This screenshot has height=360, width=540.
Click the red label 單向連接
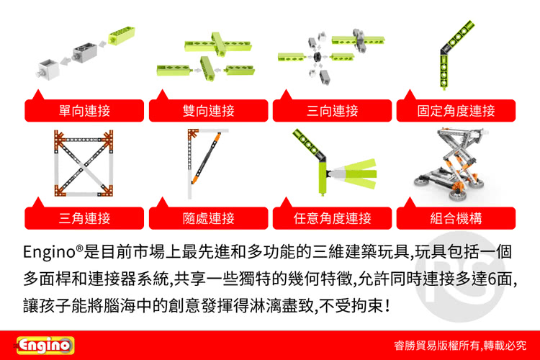[84, 111]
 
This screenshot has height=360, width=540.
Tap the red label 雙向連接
[208, 111]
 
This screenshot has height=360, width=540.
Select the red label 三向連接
[333, 111]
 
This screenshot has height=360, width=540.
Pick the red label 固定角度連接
[456, 111]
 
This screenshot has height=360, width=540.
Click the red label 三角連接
[84, 218]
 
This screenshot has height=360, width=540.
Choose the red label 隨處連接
[208, 218]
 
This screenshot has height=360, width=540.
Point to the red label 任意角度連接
[333, 218]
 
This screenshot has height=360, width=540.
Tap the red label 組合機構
[456, 218]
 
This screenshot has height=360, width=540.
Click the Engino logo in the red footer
[45, 346]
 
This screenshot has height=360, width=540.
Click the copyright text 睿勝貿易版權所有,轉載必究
[460, 346]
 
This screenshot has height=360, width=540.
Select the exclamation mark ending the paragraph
[388, 305]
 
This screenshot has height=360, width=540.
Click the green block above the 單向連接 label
[122, 35]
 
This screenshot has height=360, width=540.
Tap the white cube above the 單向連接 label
[48, 69]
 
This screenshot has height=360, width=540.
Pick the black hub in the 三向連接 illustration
[318, 57]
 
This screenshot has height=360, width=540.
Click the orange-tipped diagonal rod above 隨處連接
[206, 158]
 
